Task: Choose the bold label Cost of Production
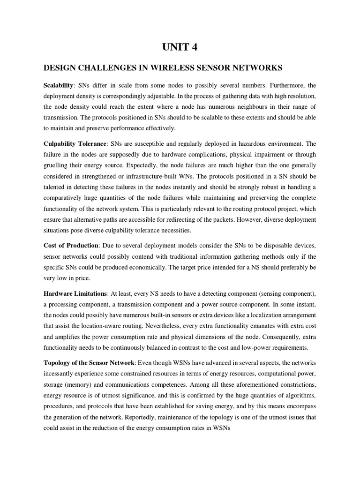tap(71, 246)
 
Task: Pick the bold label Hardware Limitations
tap(75, 293)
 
